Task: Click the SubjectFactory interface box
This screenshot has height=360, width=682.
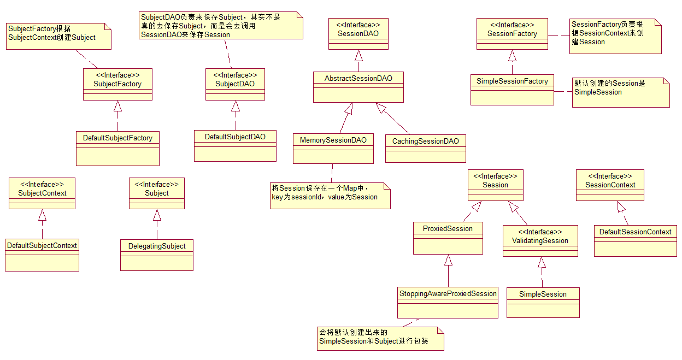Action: [117, 84]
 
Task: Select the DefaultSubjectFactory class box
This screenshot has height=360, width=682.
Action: [117, 147]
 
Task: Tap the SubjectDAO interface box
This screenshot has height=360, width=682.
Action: [235, 84]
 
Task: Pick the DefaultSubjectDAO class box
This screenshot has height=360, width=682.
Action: [235, 145]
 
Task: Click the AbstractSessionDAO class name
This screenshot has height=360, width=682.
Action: [358, 79]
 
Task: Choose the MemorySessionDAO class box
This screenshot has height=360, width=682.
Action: [333, 148]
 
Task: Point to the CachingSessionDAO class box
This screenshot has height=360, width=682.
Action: [426, 149]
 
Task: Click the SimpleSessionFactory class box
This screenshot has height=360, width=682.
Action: [512, 90]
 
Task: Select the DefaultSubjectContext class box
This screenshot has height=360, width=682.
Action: [42, 255]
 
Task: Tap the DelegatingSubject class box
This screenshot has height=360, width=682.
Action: [157, 255]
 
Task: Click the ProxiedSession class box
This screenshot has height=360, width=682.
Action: [448, 238]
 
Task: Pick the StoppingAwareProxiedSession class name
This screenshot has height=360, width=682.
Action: [448, 294]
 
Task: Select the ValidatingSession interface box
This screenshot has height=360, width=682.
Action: [540, 240]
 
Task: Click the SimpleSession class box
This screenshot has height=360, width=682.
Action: [543, 302]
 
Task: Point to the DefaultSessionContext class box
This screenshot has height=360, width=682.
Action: [635, 240]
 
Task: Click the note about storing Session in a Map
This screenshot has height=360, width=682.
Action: [330, 195]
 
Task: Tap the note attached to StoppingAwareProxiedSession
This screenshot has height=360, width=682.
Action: [380, 339]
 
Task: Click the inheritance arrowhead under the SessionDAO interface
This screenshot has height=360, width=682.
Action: [358, 55]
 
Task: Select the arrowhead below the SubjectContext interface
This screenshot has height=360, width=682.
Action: [42, 215]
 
